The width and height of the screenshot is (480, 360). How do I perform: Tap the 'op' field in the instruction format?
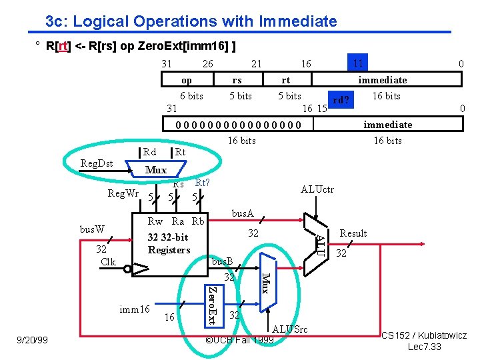pyautogui.click(x=187, y=80)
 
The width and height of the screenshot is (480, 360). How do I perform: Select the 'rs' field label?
pyautogui.click(x=237, y=80)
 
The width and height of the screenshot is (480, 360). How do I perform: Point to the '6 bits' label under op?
pyautogui.click(x=191, y=96)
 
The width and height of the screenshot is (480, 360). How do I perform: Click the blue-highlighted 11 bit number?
pyautogui.click(x=358, y=64)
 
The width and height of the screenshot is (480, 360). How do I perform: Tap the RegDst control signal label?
pyautogui.click(x=97, y=163)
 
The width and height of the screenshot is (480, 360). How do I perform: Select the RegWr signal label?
pyautogui.click(x=124, y=194)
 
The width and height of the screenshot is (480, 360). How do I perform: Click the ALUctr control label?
pyautogui.click(x=317, y=189)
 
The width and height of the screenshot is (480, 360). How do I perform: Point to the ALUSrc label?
pyautogui.click(x=290, y=329)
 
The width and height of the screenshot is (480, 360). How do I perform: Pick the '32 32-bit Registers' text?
pyautogui.click(x=169, y=243)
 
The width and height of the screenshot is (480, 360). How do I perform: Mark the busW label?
pyautogui.click(x=93, y=229)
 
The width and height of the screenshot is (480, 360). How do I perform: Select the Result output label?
pyautogui.click(x=353, y=233)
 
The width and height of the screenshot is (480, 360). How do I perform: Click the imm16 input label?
pyautogui.click(x=134, y=309)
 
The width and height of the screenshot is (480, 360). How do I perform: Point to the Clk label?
pyautogui.click(x=108, y=261)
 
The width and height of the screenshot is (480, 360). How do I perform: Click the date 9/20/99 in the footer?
pyautogui.click(x=33, y=340)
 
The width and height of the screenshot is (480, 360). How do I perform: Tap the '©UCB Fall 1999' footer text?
pyautogui.click(x=239, y=340)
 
